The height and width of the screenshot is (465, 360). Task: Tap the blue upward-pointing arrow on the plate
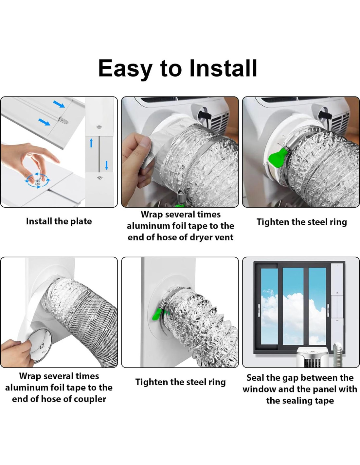point(91,143)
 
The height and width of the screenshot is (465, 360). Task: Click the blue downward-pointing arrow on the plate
point(106,165)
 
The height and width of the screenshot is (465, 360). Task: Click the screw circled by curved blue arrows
point(38,181)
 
